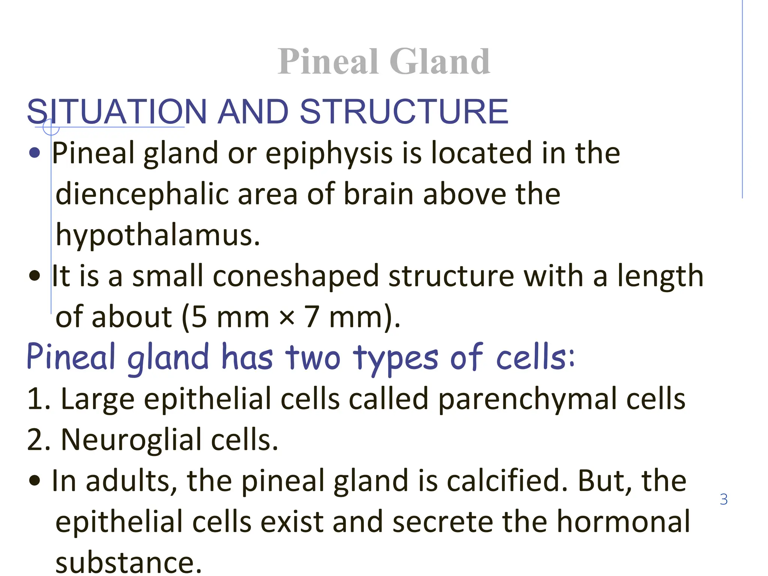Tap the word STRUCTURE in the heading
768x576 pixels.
(404, 111)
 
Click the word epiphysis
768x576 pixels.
(329, 154)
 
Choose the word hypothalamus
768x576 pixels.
(157, 235)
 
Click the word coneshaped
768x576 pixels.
(296, 276)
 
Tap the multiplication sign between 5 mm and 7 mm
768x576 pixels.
(287, 318)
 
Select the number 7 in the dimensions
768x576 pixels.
(312, 317)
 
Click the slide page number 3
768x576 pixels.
(724, 499)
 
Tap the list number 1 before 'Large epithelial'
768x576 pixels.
(34, 399)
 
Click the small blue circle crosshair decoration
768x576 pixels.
(51, 127)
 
